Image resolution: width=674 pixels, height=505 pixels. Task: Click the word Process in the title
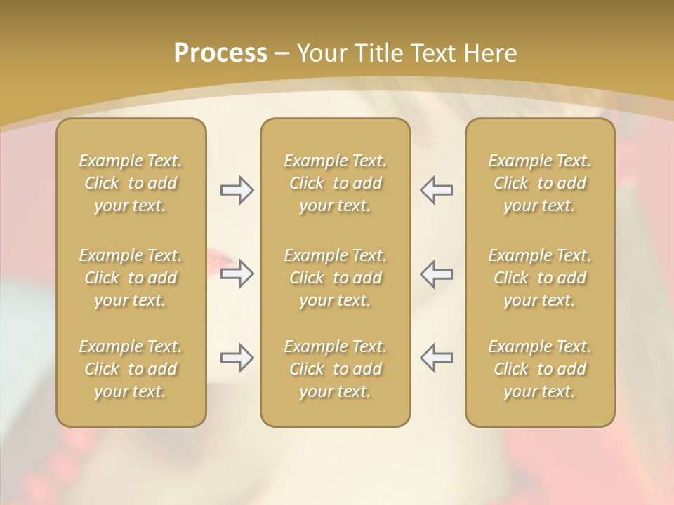[x=220, y=53]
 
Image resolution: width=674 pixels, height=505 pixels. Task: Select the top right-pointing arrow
[x=237, y=190]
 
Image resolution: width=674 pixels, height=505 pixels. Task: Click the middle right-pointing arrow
[x=237, y=274]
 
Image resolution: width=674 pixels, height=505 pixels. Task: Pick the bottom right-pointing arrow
[x=237, y=358]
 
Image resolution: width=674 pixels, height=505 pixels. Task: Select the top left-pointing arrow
[x=436, y=190]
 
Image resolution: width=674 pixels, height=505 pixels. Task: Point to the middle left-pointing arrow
[x=436, y=274]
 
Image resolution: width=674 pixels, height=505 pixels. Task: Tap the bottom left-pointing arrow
[x=436, y=358]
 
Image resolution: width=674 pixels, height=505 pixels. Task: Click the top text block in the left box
[x=131, y=183]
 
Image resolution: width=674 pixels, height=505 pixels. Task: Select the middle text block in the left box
[x=131, y=278]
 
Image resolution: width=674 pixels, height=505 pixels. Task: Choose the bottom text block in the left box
[x=131, y=369]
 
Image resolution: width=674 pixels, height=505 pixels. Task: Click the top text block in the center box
[x=336, y=183]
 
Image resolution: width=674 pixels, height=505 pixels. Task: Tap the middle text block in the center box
[x=336, y=278]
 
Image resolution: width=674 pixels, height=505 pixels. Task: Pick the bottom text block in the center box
[x=336, y=369]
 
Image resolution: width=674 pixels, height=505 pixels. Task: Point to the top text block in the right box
[x=540, y=183]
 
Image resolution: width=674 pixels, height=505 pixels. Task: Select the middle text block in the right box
[x=540, y=278]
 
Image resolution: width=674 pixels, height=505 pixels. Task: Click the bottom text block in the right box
[x=540, y=369]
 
